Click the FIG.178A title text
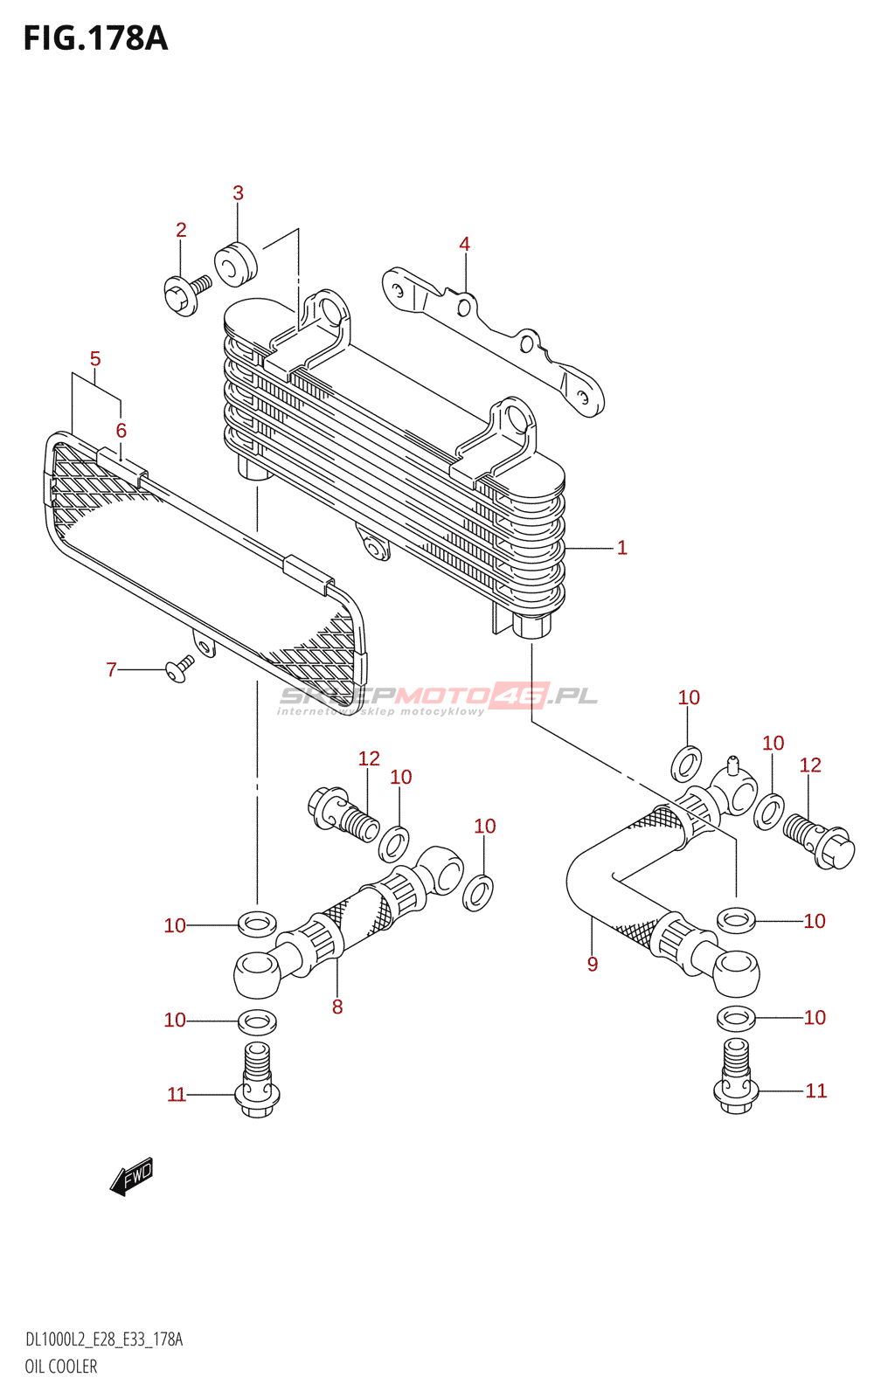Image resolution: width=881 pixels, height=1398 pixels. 95,39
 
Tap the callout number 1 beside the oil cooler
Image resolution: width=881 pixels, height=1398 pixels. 621,548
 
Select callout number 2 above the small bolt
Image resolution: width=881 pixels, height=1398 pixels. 181,230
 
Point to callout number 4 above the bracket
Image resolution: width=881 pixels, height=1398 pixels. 464,245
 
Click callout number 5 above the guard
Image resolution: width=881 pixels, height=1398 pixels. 95,359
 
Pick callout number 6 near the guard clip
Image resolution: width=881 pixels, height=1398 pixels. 121,431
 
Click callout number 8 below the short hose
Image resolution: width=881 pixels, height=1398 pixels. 337,1007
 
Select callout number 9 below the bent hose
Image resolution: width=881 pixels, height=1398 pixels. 593,965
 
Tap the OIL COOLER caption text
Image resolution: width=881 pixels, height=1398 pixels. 61,1367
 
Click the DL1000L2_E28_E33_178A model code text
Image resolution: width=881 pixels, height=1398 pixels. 104,1339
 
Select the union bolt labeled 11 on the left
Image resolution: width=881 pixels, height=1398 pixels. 257,1083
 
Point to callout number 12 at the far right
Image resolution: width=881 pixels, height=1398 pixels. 810,765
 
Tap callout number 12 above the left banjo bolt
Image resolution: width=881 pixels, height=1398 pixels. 369,758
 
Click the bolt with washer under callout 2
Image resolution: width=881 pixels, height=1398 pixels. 186,294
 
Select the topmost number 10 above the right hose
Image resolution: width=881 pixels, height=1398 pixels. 689,697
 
